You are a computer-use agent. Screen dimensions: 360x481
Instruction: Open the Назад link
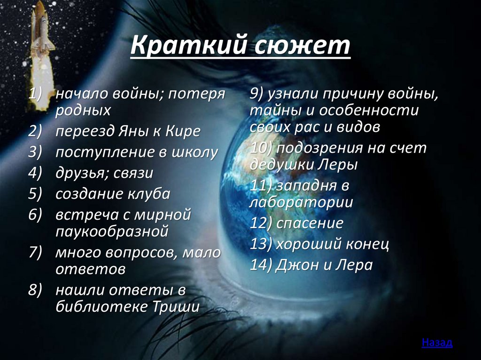pos(437,342)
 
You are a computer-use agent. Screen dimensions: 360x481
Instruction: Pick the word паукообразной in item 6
pos(112,231)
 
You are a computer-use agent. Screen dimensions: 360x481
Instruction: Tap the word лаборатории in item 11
pos(301,202)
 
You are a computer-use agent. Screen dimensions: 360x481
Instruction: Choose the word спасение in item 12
pos(310,223)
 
